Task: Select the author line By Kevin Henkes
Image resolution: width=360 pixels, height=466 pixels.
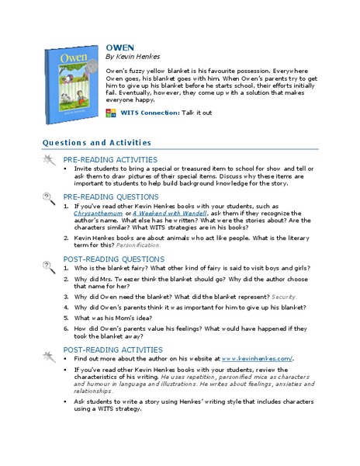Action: [x=133, y=56]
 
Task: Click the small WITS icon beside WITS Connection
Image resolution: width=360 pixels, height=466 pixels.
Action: [x=111, y=113]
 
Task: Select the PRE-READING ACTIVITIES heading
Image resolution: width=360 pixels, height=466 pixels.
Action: [x=110, y=159]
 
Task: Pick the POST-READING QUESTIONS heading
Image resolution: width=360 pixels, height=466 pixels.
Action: [x=113, y=259]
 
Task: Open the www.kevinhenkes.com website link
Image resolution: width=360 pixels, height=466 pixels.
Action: [x=257, y=359]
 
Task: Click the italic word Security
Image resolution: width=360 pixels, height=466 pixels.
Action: [x=284, y=297]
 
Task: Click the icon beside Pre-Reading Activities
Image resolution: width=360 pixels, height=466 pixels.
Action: [x=47, y=160]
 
